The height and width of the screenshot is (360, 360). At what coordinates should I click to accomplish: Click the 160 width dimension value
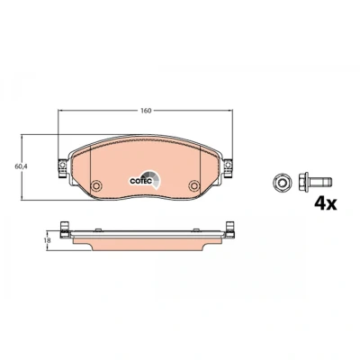pos(146,111)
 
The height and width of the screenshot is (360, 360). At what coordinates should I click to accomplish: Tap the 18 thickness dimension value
pos(46,240)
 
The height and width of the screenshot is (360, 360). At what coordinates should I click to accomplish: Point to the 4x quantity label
pos(326,203)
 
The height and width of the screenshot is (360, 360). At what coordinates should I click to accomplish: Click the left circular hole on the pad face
pos(96,185)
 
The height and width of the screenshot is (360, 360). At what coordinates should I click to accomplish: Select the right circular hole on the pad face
pos(194,185)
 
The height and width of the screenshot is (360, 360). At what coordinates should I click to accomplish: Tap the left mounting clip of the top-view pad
pos(62,167)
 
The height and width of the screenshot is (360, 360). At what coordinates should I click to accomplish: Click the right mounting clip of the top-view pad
pos(229,167)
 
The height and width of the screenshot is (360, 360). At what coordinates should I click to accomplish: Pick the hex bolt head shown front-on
pos(281,182)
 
